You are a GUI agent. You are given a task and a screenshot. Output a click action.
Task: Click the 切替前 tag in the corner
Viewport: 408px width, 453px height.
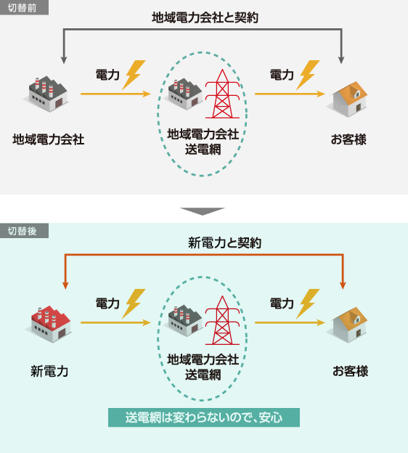pos(24,7)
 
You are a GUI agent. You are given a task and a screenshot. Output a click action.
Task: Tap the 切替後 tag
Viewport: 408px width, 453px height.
pos(24,231)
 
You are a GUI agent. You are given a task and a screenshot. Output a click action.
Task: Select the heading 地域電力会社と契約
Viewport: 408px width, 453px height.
pos(205,17)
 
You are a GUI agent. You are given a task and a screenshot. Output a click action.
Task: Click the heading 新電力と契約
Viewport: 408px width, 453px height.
pos(224,242)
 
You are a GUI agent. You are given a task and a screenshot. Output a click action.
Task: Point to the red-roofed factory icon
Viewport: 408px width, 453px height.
pos(48,324)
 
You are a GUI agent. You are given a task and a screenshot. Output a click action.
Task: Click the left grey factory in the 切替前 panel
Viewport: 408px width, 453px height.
pos(46,94)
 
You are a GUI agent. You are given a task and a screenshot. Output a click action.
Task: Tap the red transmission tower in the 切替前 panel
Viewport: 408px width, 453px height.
pos(222,94)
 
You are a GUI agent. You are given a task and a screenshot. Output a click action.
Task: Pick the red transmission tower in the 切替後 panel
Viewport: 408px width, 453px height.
pos(222,320)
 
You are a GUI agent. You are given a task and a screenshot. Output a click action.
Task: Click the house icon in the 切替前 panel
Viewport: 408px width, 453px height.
pos(347,99)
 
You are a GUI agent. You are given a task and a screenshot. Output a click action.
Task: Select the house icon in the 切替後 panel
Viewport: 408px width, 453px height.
pos(347,325)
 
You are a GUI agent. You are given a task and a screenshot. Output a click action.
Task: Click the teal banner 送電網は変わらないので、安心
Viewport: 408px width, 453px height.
pos(204,417)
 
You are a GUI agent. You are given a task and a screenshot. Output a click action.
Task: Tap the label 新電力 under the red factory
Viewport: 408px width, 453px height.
pos(49,371)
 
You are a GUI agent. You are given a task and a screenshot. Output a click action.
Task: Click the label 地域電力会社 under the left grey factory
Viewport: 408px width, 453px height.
pos(48,139)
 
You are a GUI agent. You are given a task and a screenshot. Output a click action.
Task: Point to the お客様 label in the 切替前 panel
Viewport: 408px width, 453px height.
pos(348,139)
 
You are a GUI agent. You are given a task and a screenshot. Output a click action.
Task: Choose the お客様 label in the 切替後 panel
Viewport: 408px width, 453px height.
pos(350,371)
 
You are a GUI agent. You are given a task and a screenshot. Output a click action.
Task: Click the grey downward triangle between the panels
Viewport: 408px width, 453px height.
pos(203,211)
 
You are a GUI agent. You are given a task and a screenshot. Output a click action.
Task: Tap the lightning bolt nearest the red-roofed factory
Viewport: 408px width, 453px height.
pos(133,303)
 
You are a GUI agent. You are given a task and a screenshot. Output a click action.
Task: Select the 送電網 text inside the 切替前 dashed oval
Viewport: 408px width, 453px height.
pos(203,150)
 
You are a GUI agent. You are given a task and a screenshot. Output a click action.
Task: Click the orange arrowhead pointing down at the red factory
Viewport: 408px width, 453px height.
pos(65,285)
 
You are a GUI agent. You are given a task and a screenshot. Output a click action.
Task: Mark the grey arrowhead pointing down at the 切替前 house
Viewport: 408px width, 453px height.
pos(341,60)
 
